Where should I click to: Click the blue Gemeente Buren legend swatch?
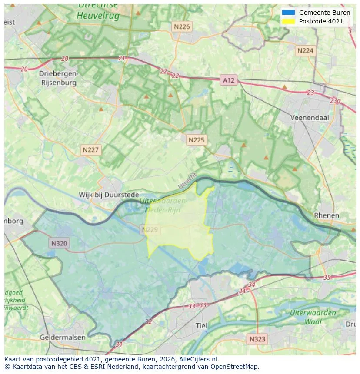point(288,13)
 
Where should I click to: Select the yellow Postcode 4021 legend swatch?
point(288,21)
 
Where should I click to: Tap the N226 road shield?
point(182,27)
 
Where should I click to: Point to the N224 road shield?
point(305,51)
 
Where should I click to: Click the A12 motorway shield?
point(229,80)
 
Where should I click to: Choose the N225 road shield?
point(196,140)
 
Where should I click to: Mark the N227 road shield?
point(91,150)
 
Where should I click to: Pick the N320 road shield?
point(59,243)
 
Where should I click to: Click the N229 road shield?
point(150,229)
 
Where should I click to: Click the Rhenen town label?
point(326,215)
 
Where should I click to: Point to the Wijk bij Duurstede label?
point(109,195)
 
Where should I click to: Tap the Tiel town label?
point(202,326)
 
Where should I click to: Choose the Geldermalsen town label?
point(63,337)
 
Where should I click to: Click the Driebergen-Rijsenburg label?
point(58,78)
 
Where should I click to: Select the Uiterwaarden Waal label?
point(313,317)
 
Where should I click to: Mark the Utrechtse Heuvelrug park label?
point(98,11)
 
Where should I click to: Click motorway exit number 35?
point(327,277)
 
